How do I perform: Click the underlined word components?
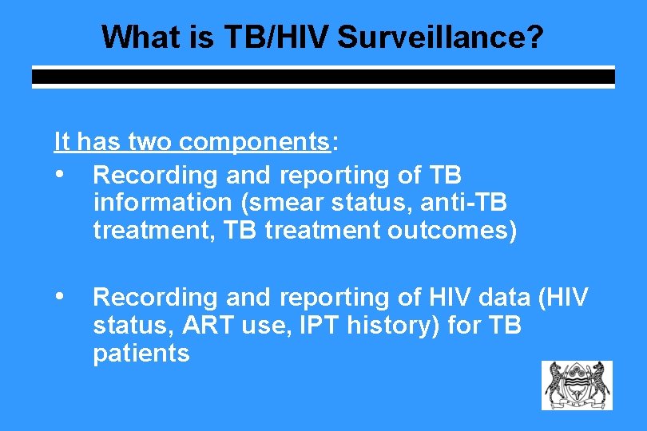pyautogui.click(x=255, y=142)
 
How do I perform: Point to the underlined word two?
pyautogui.click(x=150, y=142)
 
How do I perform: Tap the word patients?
pyautogui.click(x=141, y=354)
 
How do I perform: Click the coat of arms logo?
pyautogui.click(x=577, y=386)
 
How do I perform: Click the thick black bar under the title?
pyautogui.click(x=323, y=77)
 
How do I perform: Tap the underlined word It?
pyautogui.click(x=62, y=142)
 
